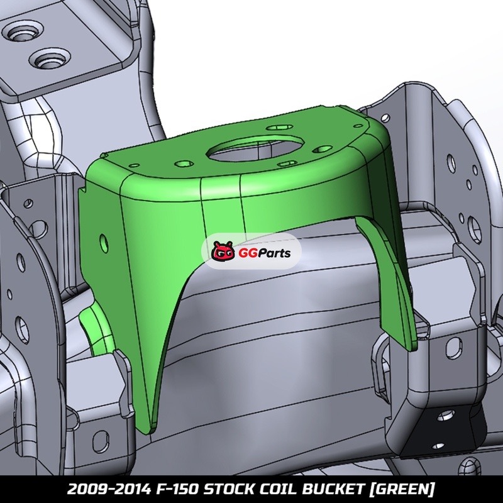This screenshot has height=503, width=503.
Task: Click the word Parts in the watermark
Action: [273, 253]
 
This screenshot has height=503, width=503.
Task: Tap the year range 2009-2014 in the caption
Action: [109, 489]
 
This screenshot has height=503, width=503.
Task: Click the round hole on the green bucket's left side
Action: [104, 243]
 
